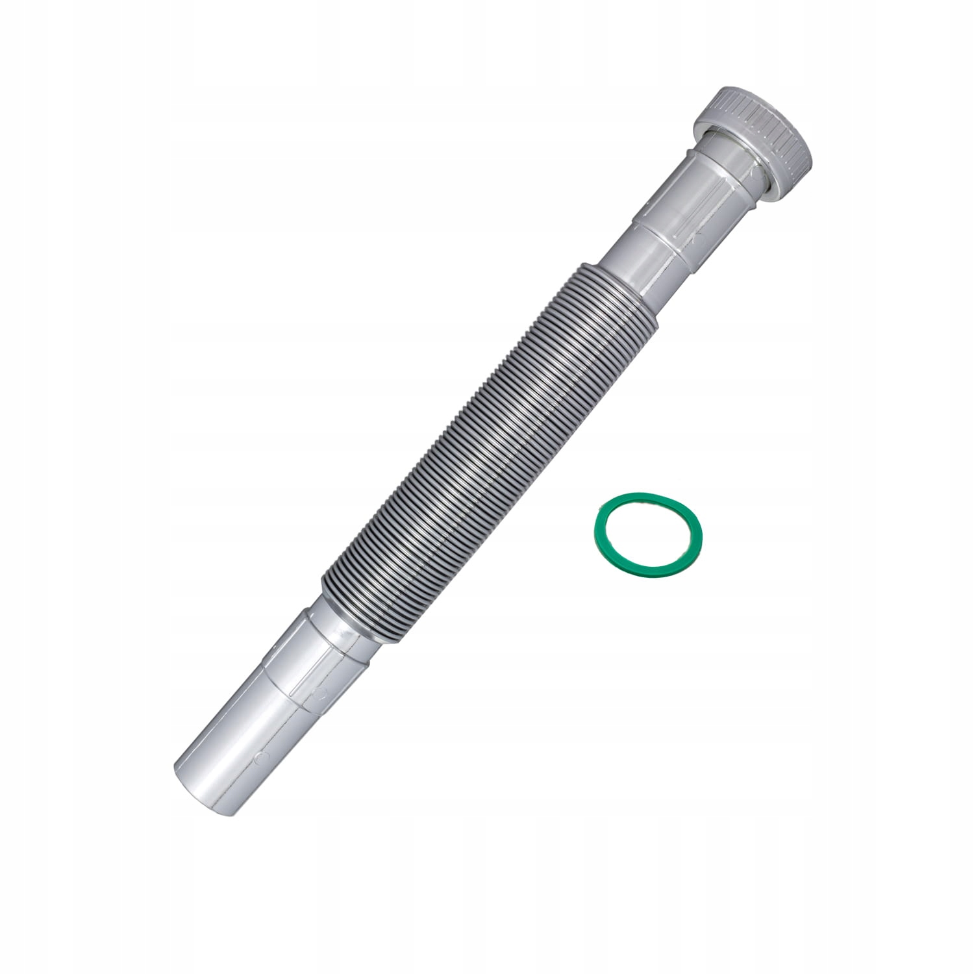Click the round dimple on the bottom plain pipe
(x=260, y=757)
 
